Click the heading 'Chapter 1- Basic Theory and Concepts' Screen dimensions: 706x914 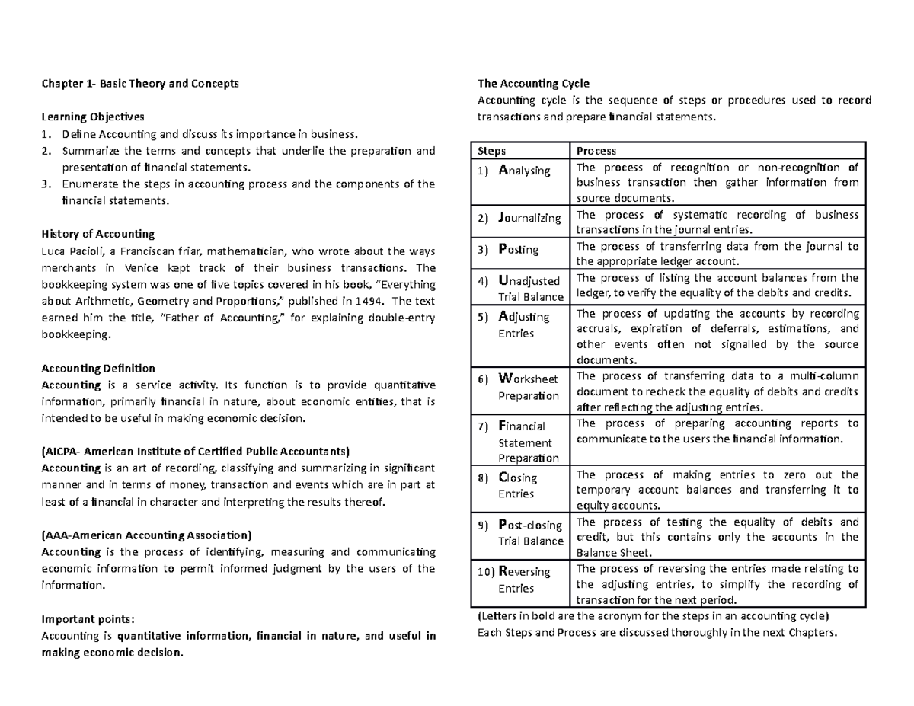coord(140,84)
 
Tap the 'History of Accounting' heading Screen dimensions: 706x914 coord(98,234)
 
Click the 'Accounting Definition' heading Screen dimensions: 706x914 coord(98,368)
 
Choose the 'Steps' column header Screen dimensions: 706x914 coord(492,152)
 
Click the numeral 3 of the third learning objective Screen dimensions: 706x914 coord(46,184)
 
